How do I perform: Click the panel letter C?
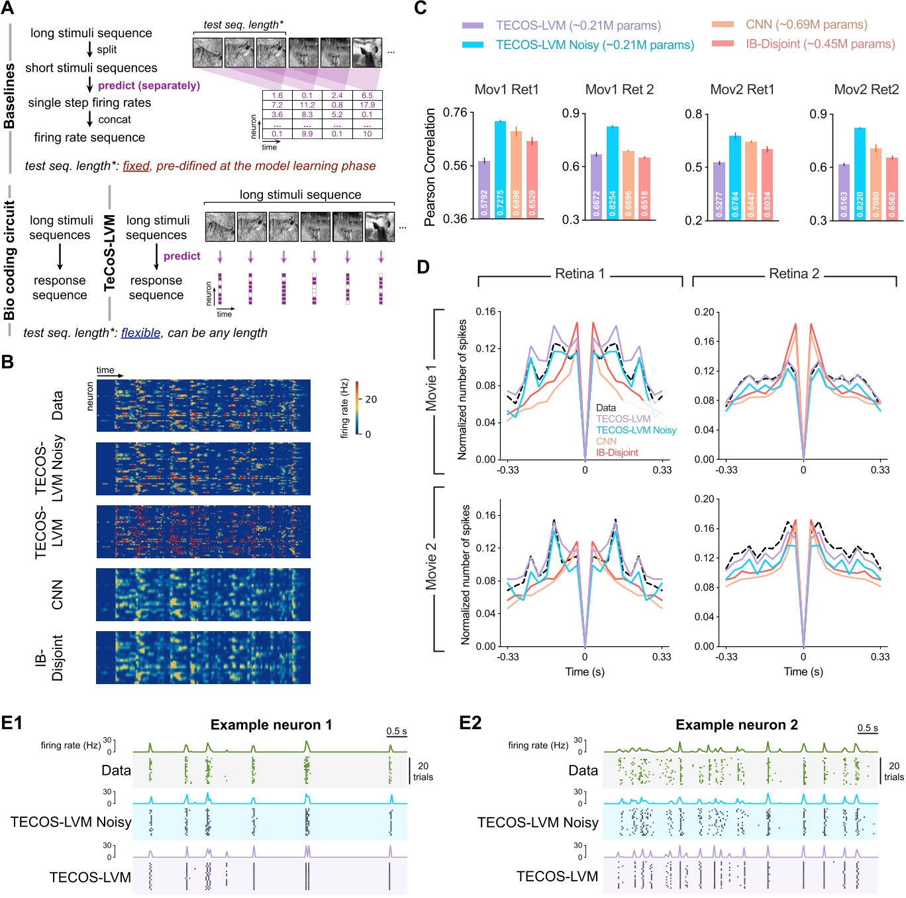(x=420, y=9)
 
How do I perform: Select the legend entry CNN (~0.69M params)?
(x=806, y=25)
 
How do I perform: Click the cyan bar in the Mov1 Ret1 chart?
(x=500, y=170)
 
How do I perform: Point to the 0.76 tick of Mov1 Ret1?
(x=455, y=113)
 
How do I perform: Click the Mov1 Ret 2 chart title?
(x=619, y=89)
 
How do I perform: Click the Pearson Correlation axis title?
(x=430, y=167)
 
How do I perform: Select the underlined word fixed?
(x=136, y=166)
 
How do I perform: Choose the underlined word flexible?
(x=140, y=333)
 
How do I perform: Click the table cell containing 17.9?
(x=367, y=105)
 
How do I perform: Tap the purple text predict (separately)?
(x=149, y=85)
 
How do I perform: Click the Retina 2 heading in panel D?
(x=794, y=274)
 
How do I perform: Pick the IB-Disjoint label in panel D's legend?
(x=617, y=453)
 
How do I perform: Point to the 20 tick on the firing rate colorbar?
(x=371, y=399)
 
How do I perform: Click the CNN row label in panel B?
(x=58, y=595)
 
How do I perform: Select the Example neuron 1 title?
(x=271, y=725)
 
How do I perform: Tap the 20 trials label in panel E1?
(x=423, y=772)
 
